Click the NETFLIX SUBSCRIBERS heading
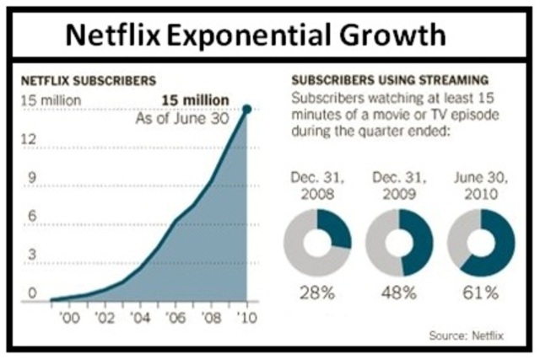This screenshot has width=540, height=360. [x=88, y=83]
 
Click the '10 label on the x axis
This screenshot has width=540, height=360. [x=246, y=318]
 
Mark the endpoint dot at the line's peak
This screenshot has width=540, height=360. [x=247, y=108]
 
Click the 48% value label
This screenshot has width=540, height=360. [x=398, y=296]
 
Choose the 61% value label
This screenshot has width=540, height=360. [x=479, y=296]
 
